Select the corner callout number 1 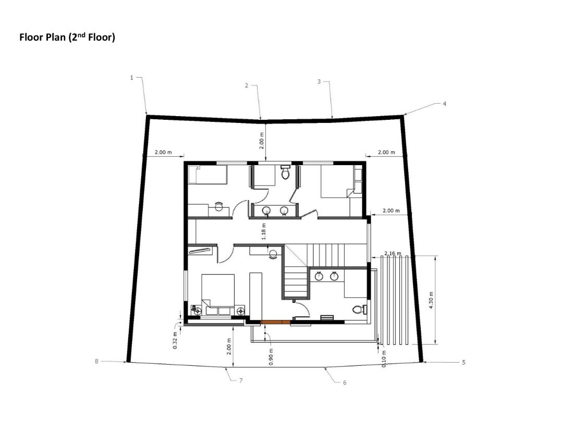click(x=132, y=77)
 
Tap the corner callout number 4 click(x=445, y=104)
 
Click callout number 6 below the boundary click(x=345, y=382)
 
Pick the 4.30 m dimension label click(x=431, y=300)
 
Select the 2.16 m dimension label click(x=393, y=253)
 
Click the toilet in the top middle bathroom click(x=285, y=173)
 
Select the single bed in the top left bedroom click(x=207, y=175)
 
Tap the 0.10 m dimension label click(x=384, y=359)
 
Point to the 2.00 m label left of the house click(x=163, y=152)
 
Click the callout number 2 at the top click(x=247, y=85)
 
